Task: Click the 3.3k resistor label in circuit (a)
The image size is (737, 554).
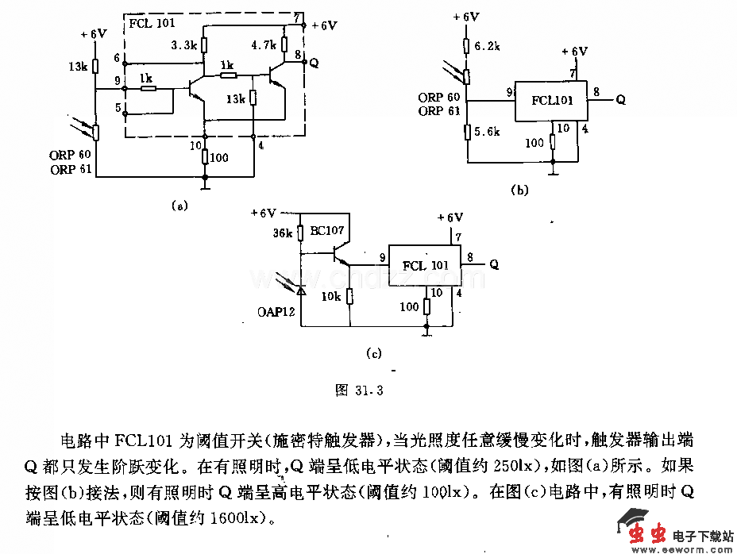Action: pyautogui.click(x=183, y=45)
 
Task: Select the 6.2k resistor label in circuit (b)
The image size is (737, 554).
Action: pyautogui.click(x=487, y=47)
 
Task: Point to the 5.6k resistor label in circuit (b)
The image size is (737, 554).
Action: pyautogui.click(x=487, y=132)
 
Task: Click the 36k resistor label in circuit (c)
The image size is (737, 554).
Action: pyautogui.click(x=283, y=233)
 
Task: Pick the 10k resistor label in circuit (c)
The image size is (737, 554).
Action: pyautogui.click(x=331, y=296)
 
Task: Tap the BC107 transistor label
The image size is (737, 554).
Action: pyautogui.click(x=327, y=231)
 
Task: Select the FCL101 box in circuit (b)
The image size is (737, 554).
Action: pyautogui.click(x=550, y=101)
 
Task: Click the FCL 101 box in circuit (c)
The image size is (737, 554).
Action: pyautogui.click(x=425, y=264)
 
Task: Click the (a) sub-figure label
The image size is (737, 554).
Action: pyautogui.click(x=179, y=206)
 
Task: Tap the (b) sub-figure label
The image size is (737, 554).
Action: pyautogui.click(x=519, y=190)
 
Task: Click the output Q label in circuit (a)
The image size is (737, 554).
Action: pyautogui.click(x=314, y=63)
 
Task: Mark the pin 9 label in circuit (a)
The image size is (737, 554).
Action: pyautogui.click(x=117, y=81)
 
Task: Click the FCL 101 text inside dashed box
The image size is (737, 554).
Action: pyautogui.click(x=152, y=23)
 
